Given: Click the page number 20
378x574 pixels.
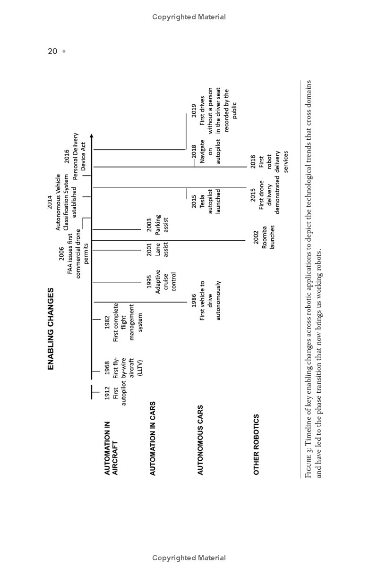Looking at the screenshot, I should coord(52,51).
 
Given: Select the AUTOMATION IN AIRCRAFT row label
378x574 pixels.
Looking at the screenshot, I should coord(111,448).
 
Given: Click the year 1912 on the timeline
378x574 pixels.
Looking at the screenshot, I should coord(107,393).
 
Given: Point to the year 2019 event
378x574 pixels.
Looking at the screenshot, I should coord(194,111).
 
